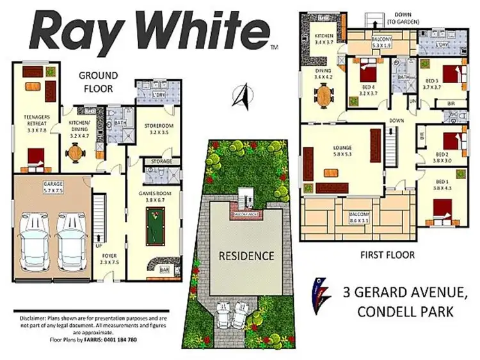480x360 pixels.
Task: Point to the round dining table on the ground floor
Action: coord(77,154)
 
